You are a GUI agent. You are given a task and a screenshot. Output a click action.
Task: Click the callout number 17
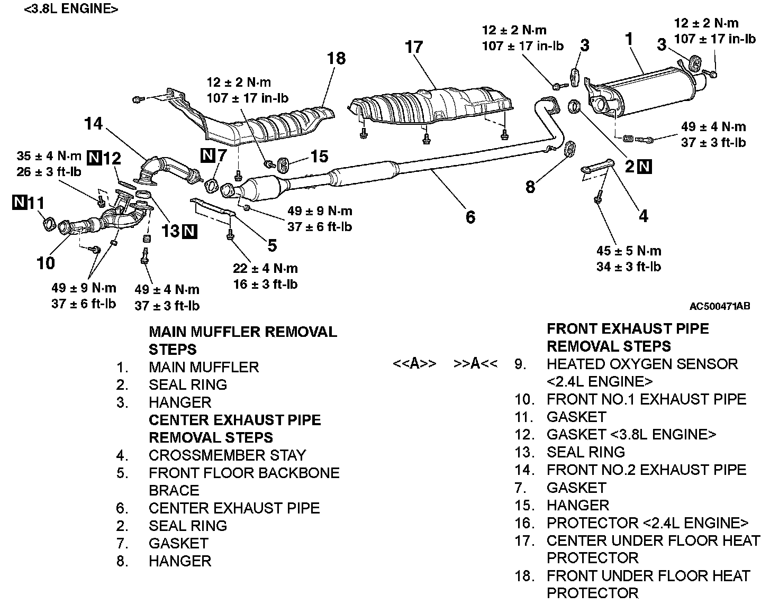(414, 47)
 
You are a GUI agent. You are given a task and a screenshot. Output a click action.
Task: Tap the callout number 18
(336, 58)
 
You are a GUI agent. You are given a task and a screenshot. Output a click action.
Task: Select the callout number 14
(93, 124)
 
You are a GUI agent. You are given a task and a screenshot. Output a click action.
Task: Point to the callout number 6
(470, 217)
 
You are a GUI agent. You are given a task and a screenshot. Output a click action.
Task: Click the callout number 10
(46, 262)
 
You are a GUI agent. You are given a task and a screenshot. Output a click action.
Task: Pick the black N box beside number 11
(20, 202)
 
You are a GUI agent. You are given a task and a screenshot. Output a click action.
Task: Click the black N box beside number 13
(189, 231)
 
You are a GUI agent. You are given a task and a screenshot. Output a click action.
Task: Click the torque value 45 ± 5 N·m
(629, 251)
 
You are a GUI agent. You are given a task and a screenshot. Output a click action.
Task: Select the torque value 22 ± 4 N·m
(265, 268)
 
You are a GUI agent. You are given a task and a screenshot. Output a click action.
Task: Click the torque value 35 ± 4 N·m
(49, 156)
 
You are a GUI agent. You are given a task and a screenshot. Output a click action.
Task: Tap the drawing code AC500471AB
(719, 306)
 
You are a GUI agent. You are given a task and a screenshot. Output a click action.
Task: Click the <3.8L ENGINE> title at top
(71, 9)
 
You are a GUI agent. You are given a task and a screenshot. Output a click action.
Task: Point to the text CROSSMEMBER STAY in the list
(227, 455)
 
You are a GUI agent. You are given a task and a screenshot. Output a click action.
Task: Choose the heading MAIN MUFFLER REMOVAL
(243, 332)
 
